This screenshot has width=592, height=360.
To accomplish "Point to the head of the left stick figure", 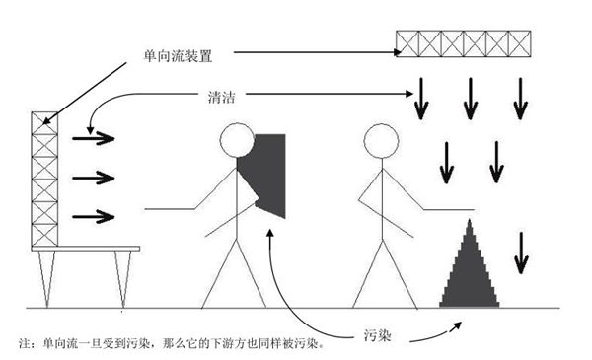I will click(x=236, y=141).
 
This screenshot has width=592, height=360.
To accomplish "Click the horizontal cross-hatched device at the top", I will click(x=464, y=42).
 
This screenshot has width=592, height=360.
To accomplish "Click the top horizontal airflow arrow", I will click(x=95, y=138).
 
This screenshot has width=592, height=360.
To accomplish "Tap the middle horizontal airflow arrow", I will click(x=95, y=178).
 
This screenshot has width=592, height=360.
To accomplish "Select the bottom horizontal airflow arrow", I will click(x=95, y=214).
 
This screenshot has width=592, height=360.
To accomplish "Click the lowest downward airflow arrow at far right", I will click(x=520, y=251).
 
